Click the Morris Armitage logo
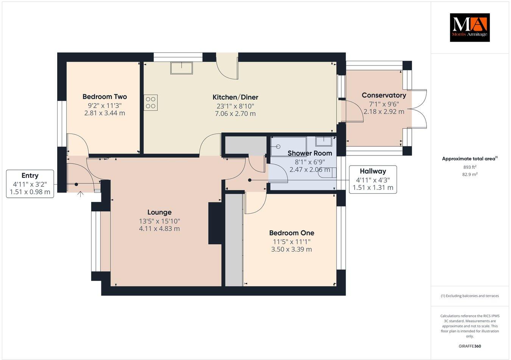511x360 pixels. point(469,27)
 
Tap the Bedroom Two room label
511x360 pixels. point(104,97)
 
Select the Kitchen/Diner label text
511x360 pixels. point(235,97)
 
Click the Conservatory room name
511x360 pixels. point(383,95)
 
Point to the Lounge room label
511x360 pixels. point(159,212)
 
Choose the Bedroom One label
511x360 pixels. point(291,233)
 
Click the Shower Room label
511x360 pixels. point(310,153)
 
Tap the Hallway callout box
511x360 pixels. point(372,179)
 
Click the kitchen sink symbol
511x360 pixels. point(182,68)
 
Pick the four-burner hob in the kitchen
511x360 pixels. point(151,102)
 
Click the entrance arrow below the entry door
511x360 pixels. point(80,194)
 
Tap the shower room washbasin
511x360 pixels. point(324,141)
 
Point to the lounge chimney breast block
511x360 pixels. point(215,223)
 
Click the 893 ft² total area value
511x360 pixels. point(470,167)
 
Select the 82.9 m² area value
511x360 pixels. point(470,174)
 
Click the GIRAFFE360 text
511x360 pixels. point(469,346)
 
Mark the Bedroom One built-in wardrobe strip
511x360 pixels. point(234,240)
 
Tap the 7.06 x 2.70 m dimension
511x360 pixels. point(235,113)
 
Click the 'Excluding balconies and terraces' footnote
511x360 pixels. point(469,296)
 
